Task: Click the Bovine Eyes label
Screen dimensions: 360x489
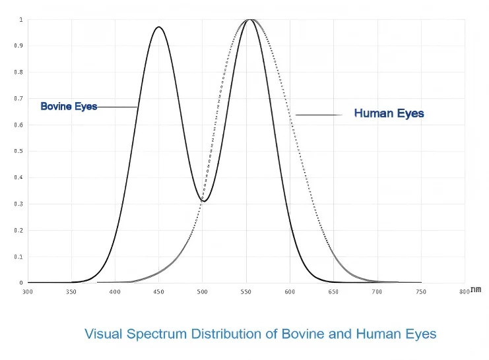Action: pos(69,106)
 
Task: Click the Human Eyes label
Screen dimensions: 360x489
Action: pos(389,113)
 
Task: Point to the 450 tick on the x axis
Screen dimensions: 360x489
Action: pos(158,291)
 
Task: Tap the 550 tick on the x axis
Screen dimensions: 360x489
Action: pos(245,291)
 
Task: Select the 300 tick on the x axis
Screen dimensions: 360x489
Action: pos(28,291)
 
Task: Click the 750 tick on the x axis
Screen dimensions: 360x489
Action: pos(420,291)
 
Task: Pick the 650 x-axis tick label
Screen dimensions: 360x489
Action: pos(333,291)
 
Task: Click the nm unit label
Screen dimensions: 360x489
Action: pos(476,289)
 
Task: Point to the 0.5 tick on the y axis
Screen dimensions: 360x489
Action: pos(18,151)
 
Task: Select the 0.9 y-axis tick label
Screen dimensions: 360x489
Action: pos(18,46)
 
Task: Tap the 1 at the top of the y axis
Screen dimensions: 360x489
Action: pos(20,20)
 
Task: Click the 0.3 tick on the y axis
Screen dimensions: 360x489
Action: pos(18,204)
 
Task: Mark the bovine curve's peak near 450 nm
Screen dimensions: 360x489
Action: pos(158,27)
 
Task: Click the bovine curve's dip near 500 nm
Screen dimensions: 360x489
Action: pos(204,201)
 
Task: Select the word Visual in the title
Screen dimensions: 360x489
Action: pos(104,334)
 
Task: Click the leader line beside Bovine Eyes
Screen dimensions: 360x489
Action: pos(117,107)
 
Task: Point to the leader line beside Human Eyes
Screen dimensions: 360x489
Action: pos(319,115)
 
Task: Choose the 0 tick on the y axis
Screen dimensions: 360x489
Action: pos(20,283)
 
